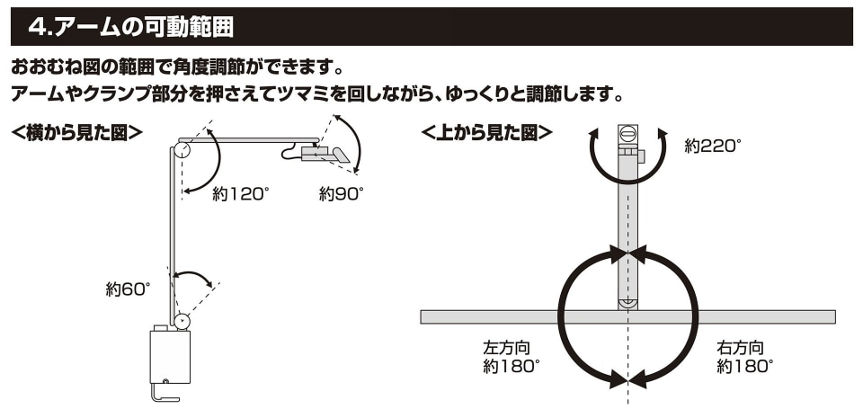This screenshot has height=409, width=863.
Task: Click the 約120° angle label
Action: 241,194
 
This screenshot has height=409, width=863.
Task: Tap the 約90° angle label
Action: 342,194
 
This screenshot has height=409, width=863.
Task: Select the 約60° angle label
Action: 128,289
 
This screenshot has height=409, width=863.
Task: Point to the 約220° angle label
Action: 713,146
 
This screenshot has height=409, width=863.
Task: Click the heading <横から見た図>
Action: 77,133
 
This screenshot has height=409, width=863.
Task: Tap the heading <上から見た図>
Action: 486,133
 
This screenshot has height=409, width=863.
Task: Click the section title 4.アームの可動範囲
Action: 130,26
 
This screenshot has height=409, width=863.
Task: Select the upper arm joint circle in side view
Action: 182,150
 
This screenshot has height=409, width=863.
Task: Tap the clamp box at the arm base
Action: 170,356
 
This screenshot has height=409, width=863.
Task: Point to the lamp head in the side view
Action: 325,153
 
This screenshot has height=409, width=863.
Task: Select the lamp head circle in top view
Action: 628,133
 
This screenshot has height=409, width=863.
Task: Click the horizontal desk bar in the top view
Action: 628,317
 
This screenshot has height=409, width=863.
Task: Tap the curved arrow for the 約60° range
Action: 192,273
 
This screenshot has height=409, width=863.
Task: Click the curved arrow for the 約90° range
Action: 356,141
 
